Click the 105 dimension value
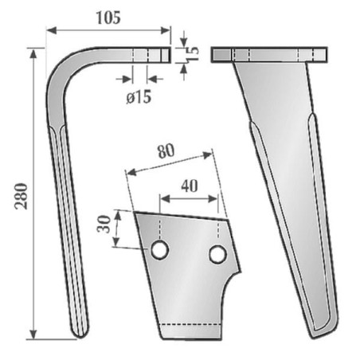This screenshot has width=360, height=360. (x=108, y=18)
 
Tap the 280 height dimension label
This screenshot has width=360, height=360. (x=22, y=197)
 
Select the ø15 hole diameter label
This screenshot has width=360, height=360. (x=139, y=96)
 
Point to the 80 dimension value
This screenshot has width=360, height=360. (x=166, y=151)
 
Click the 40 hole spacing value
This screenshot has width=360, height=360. (x=190, y=186)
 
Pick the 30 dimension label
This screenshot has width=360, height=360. (x=104, y=225)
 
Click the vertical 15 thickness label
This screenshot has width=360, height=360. (x=194, y=54)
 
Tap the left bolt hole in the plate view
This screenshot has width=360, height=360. (x=160, y=250)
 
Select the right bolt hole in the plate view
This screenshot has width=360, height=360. (x=217, y=254)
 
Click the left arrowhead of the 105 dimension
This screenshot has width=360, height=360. (x=51, y=30)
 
